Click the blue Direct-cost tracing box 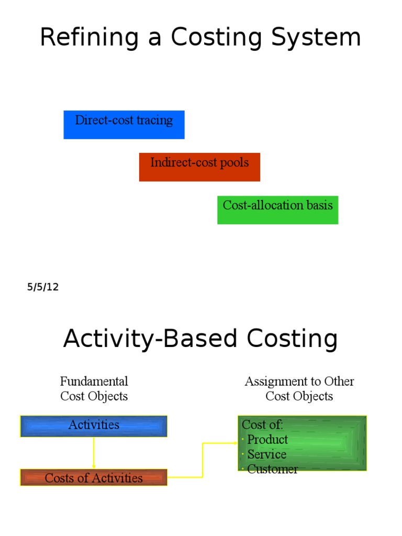[124, 125]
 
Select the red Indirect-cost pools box [199, 167]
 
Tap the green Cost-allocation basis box [277, 210]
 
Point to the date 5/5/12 [43, 287]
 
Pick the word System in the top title [319, 38]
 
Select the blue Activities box [94, 426]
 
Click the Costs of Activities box [94, 478]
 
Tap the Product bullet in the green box [267, 440]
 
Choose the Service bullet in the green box [266, 454]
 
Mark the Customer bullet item [272, 469]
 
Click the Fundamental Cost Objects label [94, 389]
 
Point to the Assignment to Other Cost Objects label [299, 389]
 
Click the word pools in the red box [235, 162]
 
